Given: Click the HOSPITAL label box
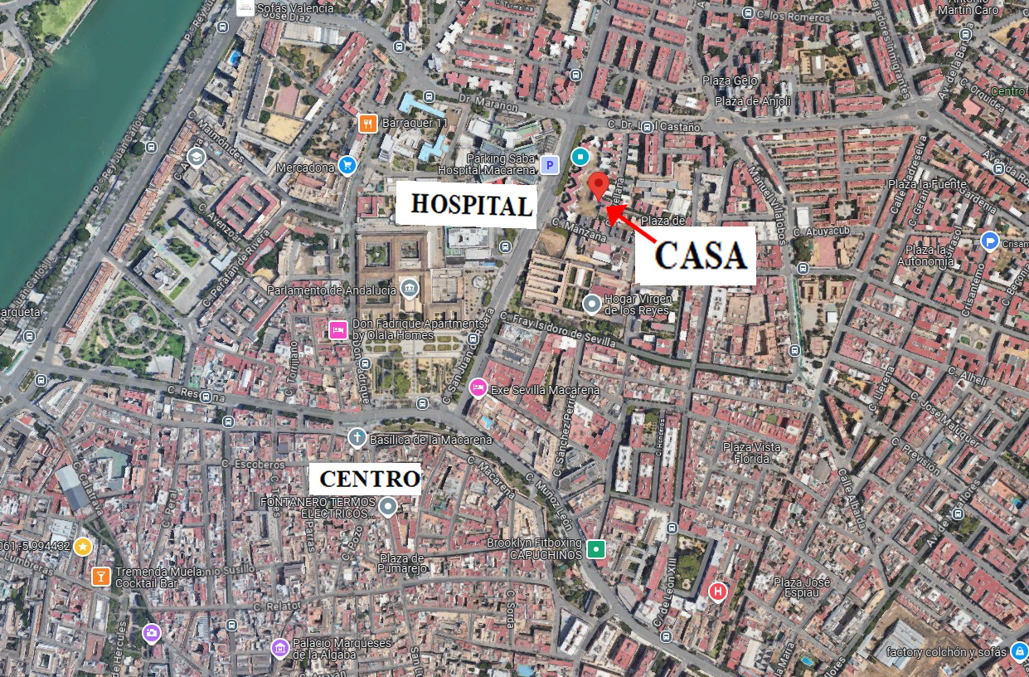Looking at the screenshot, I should click(x=465, y=204).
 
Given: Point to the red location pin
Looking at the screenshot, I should click(x=599, y=185).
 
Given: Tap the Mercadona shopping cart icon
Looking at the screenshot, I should click(x=347, y=166).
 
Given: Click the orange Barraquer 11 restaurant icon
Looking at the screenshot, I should click(x=368, y=124).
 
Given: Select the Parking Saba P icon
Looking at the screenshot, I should click(x=548, y=165).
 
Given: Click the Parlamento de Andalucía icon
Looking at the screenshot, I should click(x=409, y=289).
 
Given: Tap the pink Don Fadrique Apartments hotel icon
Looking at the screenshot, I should click(x=337, y=329).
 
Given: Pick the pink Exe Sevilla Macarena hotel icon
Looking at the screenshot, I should click(x=478, y=387).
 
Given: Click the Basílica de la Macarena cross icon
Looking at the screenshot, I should click(x=357, y=437).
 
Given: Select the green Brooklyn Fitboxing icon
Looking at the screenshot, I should click(x=596, y=548).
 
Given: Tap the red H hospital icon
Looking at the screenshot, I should click(x=718, y=592).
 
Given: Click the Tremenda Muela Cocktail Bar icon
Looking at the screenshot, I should click(x=101, y=576).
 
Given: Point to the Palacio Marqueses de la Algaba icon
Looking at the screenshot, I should click(x=280, y=647).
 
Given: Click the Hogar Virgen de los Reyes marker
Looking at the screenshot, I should click(x=592, y=304).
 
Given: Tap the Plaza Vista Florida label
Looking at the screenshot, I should click(x=751, y=452).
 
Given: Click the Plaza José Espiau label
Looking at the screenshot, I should click(x=801, y=587).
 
